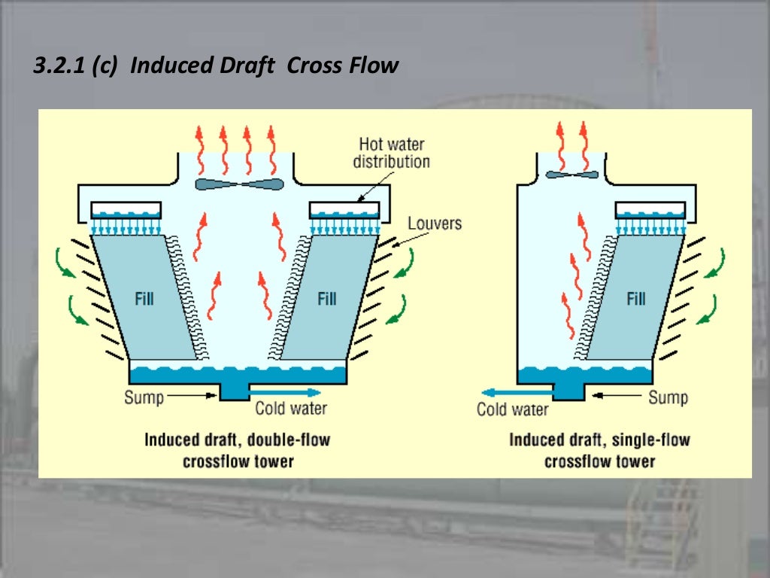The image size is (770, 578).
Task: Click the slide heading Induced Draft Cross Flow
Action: pyautogui.click(x=216, y=66)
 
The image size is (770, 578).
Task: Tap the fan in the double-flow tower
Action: pyautogui.click(x=238, y=184)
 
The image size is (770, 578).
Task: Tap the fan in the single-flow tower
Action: pyautogui.click(x=572, y=175)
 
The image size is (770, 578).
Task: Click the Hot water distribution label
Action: pyautogui.click(x=391, y=153)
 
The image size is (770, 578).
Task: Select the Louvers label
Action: pyautogui.click(x=434, y=224)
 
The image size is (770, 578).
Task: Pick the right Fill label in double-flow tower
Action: pyautogui.click(x=326, y=299)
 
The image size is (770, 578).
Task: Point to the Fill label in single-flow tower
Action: pyautogui.click(x=636, y=299)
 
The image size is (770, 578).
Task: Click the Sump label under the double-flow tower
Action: pyautogui.click(x=144, y=397)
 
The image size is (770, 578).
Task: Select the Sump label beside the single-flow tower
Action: pyautogui.click(x=668, y=397)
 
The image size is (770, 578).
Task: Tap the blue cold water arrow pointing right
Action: pyautogui.click(x=290, y=392)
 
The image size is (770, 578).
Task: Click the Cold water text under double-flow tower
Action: pyautogui.click(x=291, y=409)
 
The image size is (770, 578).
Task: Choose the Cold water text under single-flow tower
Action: pyautogui.click(x=512, y=410)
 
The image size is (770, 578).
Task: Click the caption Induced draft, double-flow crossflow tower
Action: pyautogui.click(x=238, y=450)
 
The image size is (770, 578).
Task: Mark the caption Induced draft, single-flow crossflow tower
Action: pyautogui.click(x=599, y=450)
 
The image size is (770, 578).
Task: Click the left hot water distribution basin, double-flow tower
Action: pyautogui.click(x=126, y=210)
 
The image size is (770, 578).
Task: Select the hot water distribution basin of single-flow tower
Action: pyautogui.click(x=650, y=210)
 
